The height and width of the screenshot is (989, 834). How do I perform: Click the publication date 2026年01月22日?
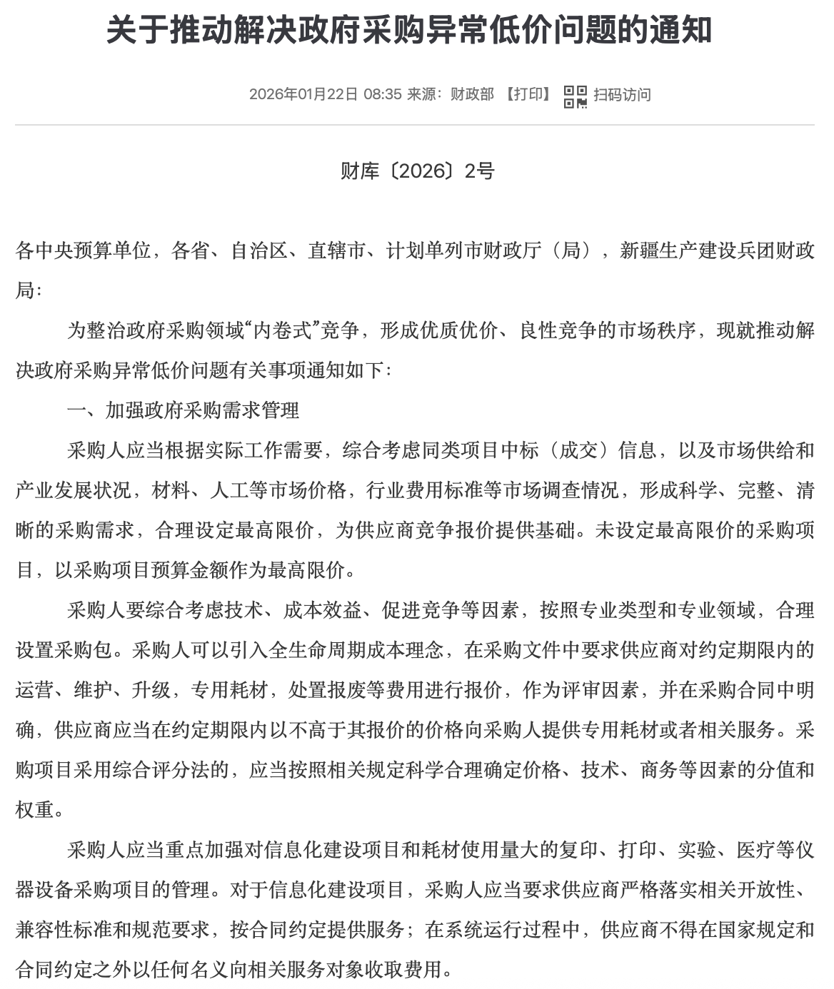pos(303,95)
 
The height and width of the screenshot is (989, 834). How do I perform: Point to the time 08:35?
pos(382,95)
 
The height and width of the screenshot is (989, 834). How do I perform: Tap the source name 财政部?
pos(472,95)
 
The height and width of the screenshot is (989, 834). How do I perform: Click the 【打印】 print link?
pos(528,95)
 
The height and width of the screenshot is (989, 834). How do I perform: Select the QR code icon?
pos(575,96)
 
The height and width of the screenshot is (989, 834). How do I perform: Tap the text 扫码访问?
pos(622,95)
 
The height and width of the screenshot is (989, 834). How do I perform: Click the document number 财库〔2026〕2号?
pos(417,171)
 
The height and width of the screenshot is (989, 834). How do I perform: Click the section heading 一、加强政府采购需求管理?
pos(184,410)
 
